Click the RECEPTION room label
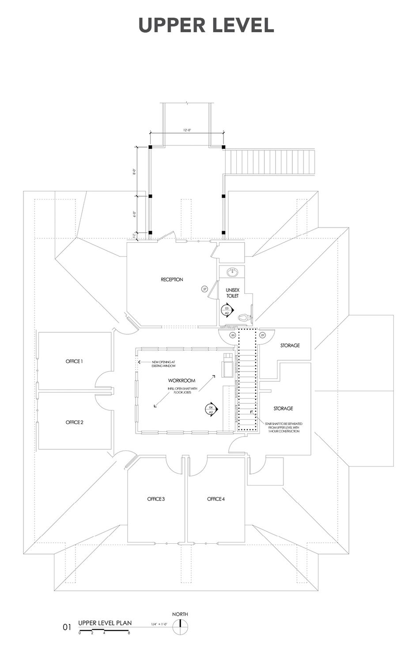172,279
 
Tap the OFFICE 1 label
74,361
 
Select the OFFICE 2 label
74,422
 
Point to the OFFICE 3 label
156,499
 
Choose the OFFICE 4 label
216,499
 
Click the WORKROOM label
181,380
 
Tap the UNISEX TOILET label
232,293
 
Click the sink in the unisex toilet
232,272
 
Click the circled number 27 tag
204,289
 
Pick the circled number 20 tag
233,335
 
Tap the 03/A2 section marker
227,310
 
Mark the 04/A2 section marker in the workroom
211,409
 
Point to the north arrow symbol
180,626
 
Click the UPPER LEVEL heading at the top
206,25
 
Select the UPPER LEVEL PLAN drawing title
105,623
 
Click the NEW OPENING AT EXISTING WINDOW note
163,364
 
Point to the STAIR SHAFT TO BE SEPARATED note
284,427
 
